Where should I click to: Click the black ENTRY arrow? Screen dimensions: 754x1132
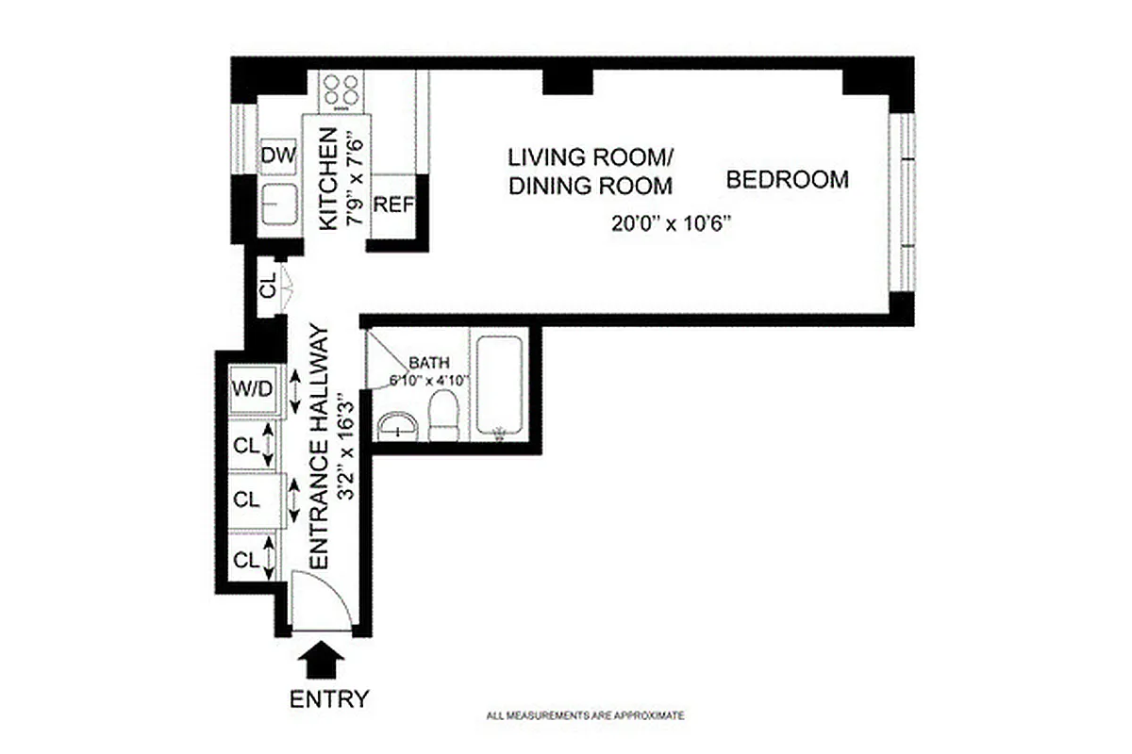pos(323,658)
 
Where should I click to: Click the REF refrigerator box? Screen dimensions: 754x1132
pos(393,205)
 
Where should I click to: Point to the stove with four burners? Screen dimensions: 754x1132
pos(341,90)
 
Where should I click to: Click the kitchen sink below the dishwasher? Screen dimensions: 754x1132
pos(277,205)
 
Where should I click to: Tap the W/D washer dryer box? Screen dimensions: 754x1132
pos(253,388)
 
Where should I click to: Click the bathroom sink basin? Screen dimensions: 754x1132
pos(400,427)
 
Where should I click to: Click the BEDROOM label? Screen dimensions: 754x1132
pos(787,179)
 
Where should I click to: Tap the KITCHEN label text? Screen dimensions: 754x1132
pos(328,178)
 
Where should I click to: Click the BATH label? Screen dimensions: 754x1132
pos(428,363)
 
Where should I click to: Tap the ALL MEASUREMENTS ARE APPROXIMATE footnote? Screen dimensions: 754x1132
pos(585,716)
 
